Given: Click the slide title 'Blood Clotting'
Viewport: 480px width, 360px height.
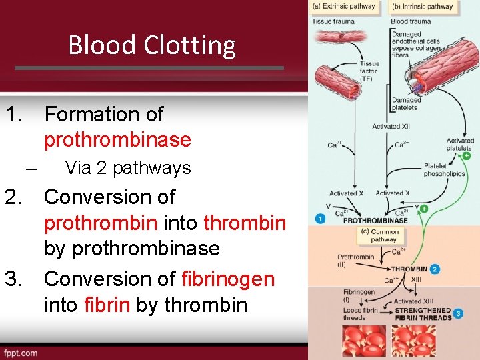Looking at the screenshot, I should pos(152,45).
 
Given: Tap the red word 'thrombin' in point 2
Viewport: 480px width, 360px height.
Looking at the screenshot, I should pos(245,223).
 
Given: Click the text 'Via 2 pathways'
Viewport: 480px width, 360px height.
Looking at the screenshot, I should pos(128,168).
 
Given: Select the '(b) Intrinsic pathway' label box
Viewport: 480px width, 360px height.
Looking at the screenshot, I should pos(423,7).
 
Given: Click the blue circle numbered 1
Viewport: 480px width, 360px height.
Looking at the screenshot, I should pos(321,219).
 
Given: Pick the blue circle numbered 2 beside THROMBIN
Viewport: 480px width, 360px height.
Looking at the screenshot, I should pos(435,269).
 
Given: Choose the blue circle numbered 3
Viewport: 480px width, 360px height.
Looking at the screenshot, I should pos(457,313).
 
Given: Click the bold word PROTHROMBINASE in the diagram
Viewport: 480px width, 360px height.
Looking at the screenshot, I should pos(375,220).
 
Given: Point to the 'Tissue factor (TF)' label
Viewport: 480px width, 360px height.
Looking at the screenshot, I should pos(369,72).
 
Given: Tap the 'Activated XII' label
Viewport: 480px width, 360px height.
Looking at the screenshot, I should pos(391,127).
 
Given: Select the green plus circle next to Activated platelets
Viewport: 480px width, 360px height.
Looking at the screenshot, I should pos(465,156).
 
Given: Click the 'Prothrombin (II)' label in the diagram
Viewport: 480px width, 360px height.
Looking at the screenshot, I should pos(355,260).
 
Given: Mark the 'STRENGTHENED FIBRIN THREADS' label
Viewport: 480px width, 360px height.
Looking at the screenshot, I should pos(423,313).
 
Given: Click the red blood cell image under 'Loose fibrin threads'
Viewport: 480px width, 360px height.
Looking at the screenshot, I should pos(364,341).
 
